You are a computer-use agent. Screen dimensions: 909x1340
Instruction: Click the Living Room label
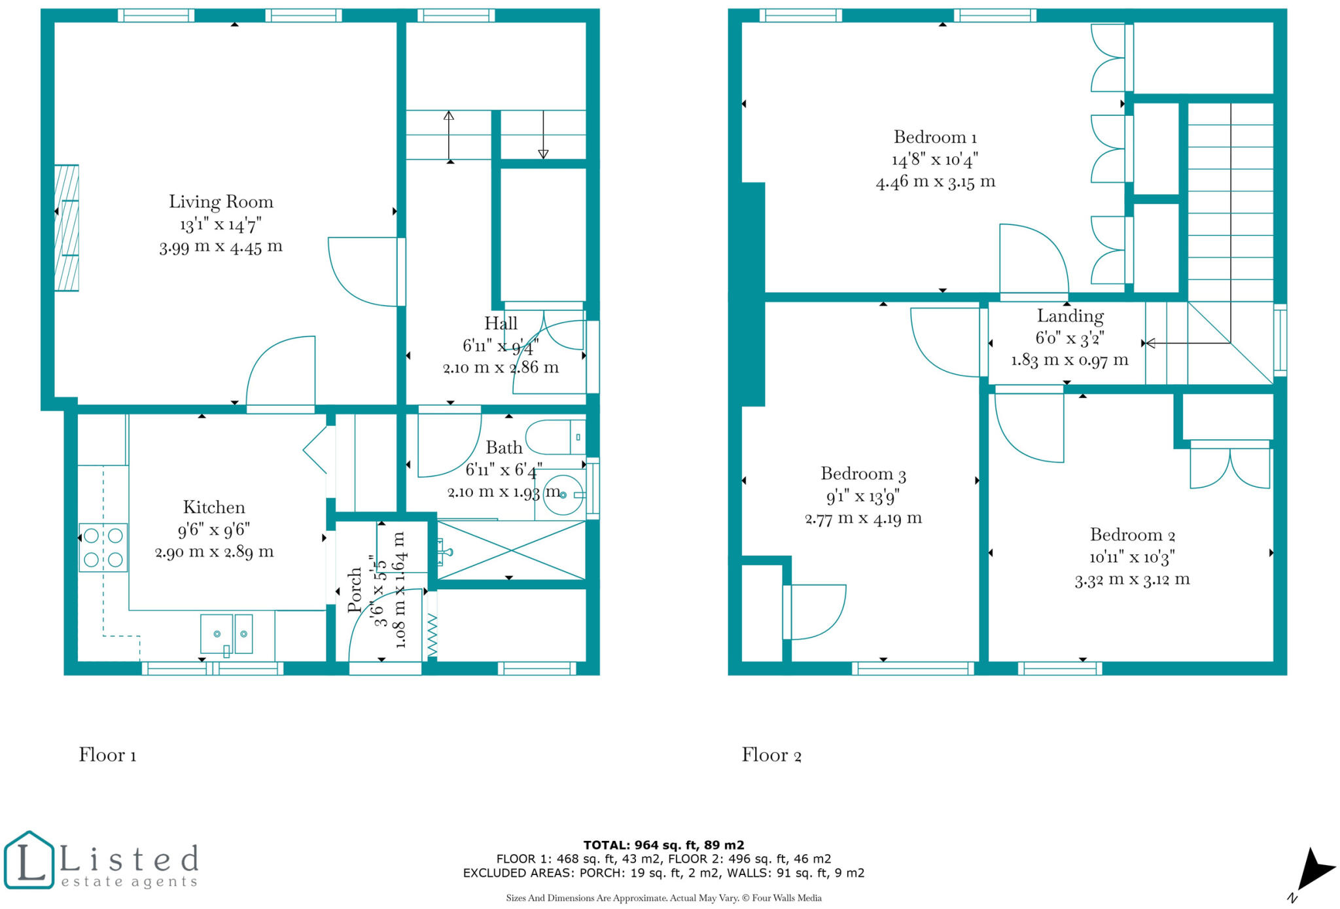point(221,202)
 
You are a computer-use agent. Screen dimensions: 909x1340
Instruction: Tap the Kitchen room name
point(214,507)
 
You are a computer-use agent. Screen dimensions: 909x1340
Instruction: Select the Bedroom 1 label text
point(935,137)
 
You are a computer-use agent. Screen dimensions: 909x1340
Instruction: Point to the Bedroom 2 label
point(1132,535)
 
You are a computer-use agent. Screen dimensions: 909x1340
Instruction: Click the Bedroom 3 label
point(863,474)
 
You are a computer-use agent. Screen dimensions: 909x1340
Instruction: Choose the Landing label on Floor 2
point(1070,316)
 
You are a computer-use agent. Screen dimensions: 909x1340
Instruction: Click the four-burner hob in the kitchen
point(103,548)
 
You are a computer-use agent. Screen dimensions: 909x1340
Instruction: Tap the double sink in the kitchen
point(226,633)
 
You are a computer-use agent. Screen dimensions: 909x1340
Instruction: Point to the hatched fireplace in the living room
point(67,228)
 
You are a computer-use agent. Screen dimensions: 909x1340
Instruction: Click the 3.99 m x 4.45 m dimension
point(221,247)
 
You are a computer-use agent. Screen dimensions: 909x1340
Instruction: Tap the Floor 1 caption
point(107,755)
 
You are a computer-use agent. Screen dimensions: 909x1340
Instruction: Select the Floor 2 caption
point(771,755)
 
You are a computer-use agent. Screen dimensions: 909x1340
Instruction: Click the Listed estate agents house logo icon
point(29,860)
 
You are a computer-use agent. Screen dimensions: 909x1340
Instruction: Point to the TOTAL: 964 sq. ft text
point(663,845)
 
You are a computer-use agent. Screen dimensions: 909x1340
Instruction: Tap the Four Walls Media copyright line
point(663,898)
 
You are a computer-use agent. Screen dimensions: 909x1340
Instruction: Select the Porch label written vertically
point(354,589)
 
